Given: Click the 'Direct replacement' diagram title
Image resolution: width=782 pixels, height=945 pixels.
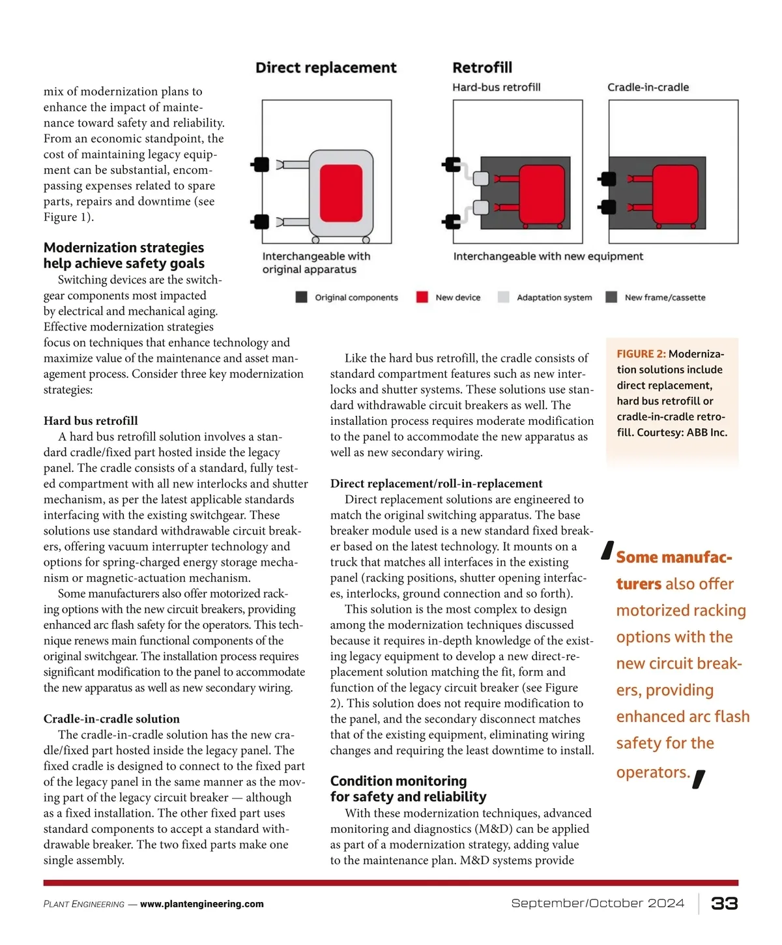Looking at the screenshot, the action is pos(325,68).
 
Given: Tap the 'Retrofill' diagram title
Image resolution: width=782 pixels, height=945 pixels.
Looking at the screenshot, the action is pos(482,68).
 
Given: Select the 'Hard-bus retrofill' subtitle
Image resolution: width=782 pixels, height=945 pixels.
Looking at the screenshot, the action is pos(496,87).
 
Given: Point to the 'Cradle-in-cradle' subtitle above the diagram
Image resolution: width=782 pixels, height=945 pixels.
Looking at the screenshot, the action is pos(648,87).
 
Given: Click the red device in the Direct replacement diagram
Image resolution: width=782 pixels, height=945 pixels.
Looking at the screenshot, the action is pos(341,194).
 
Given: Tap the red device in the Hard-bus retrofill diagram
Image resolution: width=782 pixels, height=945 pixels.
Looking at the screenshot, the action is pos(542,195).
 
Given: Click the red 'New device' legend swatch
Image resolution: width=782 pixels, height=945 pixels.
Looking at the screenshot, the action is pos(422,297).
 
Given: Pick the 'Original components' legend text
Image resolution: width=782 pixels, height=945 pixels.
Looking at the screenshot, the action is pos(356,297).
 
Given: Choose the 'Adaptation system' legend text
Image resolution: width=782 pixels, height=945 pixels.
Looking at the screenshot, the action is pos(554,297).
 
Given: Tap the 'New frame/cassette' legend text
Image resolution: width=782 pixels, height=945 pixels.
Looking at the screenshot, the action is pos(665,297).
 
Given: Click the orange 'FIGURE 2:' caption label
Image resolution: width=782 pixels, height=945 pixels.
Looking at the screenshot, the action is pos(641,354).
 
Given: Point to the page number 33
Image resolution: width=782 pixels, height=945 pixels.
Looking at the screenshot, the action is pos(724,903).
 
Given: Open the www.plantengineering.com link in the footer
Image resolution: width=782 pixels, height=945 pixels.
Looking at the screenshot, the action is pos(201,904).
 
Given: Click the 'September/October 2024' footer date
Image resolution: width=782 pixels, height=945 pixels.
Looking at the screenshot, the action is pos(598,903).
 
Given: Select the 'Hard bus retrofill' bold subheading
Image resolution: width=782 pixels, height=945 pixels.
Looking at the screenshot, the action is pos(91,421).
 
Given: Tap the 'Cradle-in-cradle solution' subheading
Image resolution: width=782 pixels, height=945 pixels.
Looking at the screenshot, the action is pos(111,719).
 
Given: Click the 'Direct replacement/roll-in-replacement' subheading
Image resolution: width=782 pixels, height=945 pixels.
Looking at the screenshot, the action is pos(436,484).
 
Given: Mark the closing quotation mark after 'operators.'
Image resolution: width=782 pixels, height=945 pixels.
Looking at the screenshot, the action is pos(699,779).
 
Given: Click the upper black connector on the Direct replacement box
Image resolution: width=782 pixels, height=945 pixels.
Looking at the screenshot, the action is pos(260,164).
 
